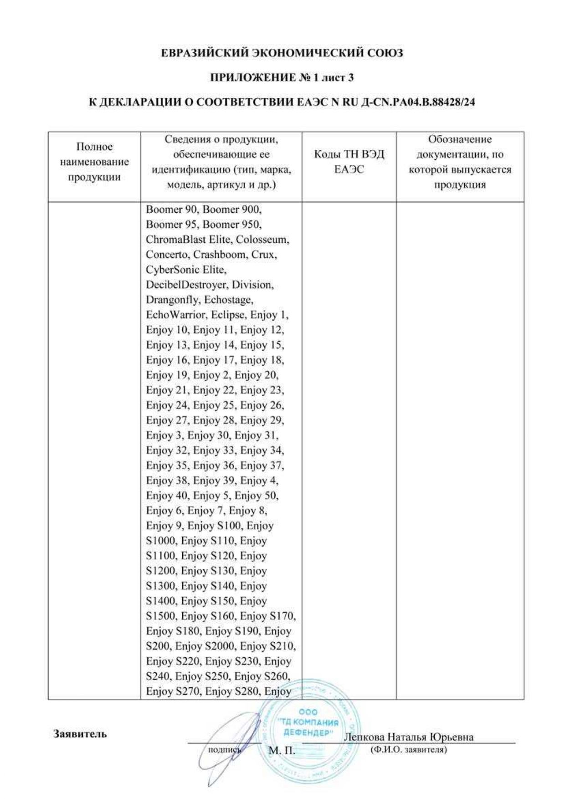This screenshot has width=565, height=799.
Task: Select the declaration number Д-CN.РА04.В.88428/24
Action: (x=418, y=102)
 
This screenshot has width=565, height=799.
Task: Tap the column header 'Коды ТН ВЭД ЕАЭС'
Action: (x=349, y=162)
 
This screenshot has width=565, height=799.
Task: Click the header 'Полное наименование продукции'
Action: (x=94, y=162)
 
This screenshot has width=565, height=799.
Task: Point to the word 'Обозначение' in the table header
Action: (x=460, y=139)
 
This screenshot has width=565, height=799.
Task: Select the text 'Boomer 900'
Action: (x=232, y=210)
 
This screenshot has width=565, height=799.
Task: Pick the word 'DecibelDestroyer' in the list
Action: (x=186, y=285)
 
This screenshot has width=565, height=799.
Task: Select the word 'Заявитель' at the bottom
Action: (x=80, y=734)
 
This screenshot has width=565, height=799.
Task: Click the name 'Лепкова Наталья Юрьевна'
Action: (x=409, y=737)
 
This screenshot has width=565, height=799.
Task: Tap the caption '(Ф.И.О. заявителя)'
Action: (x=409, y=749)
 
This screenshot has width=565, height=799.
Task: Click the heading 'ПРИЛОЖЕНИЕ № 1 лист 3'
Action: (x=282, y=78)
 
